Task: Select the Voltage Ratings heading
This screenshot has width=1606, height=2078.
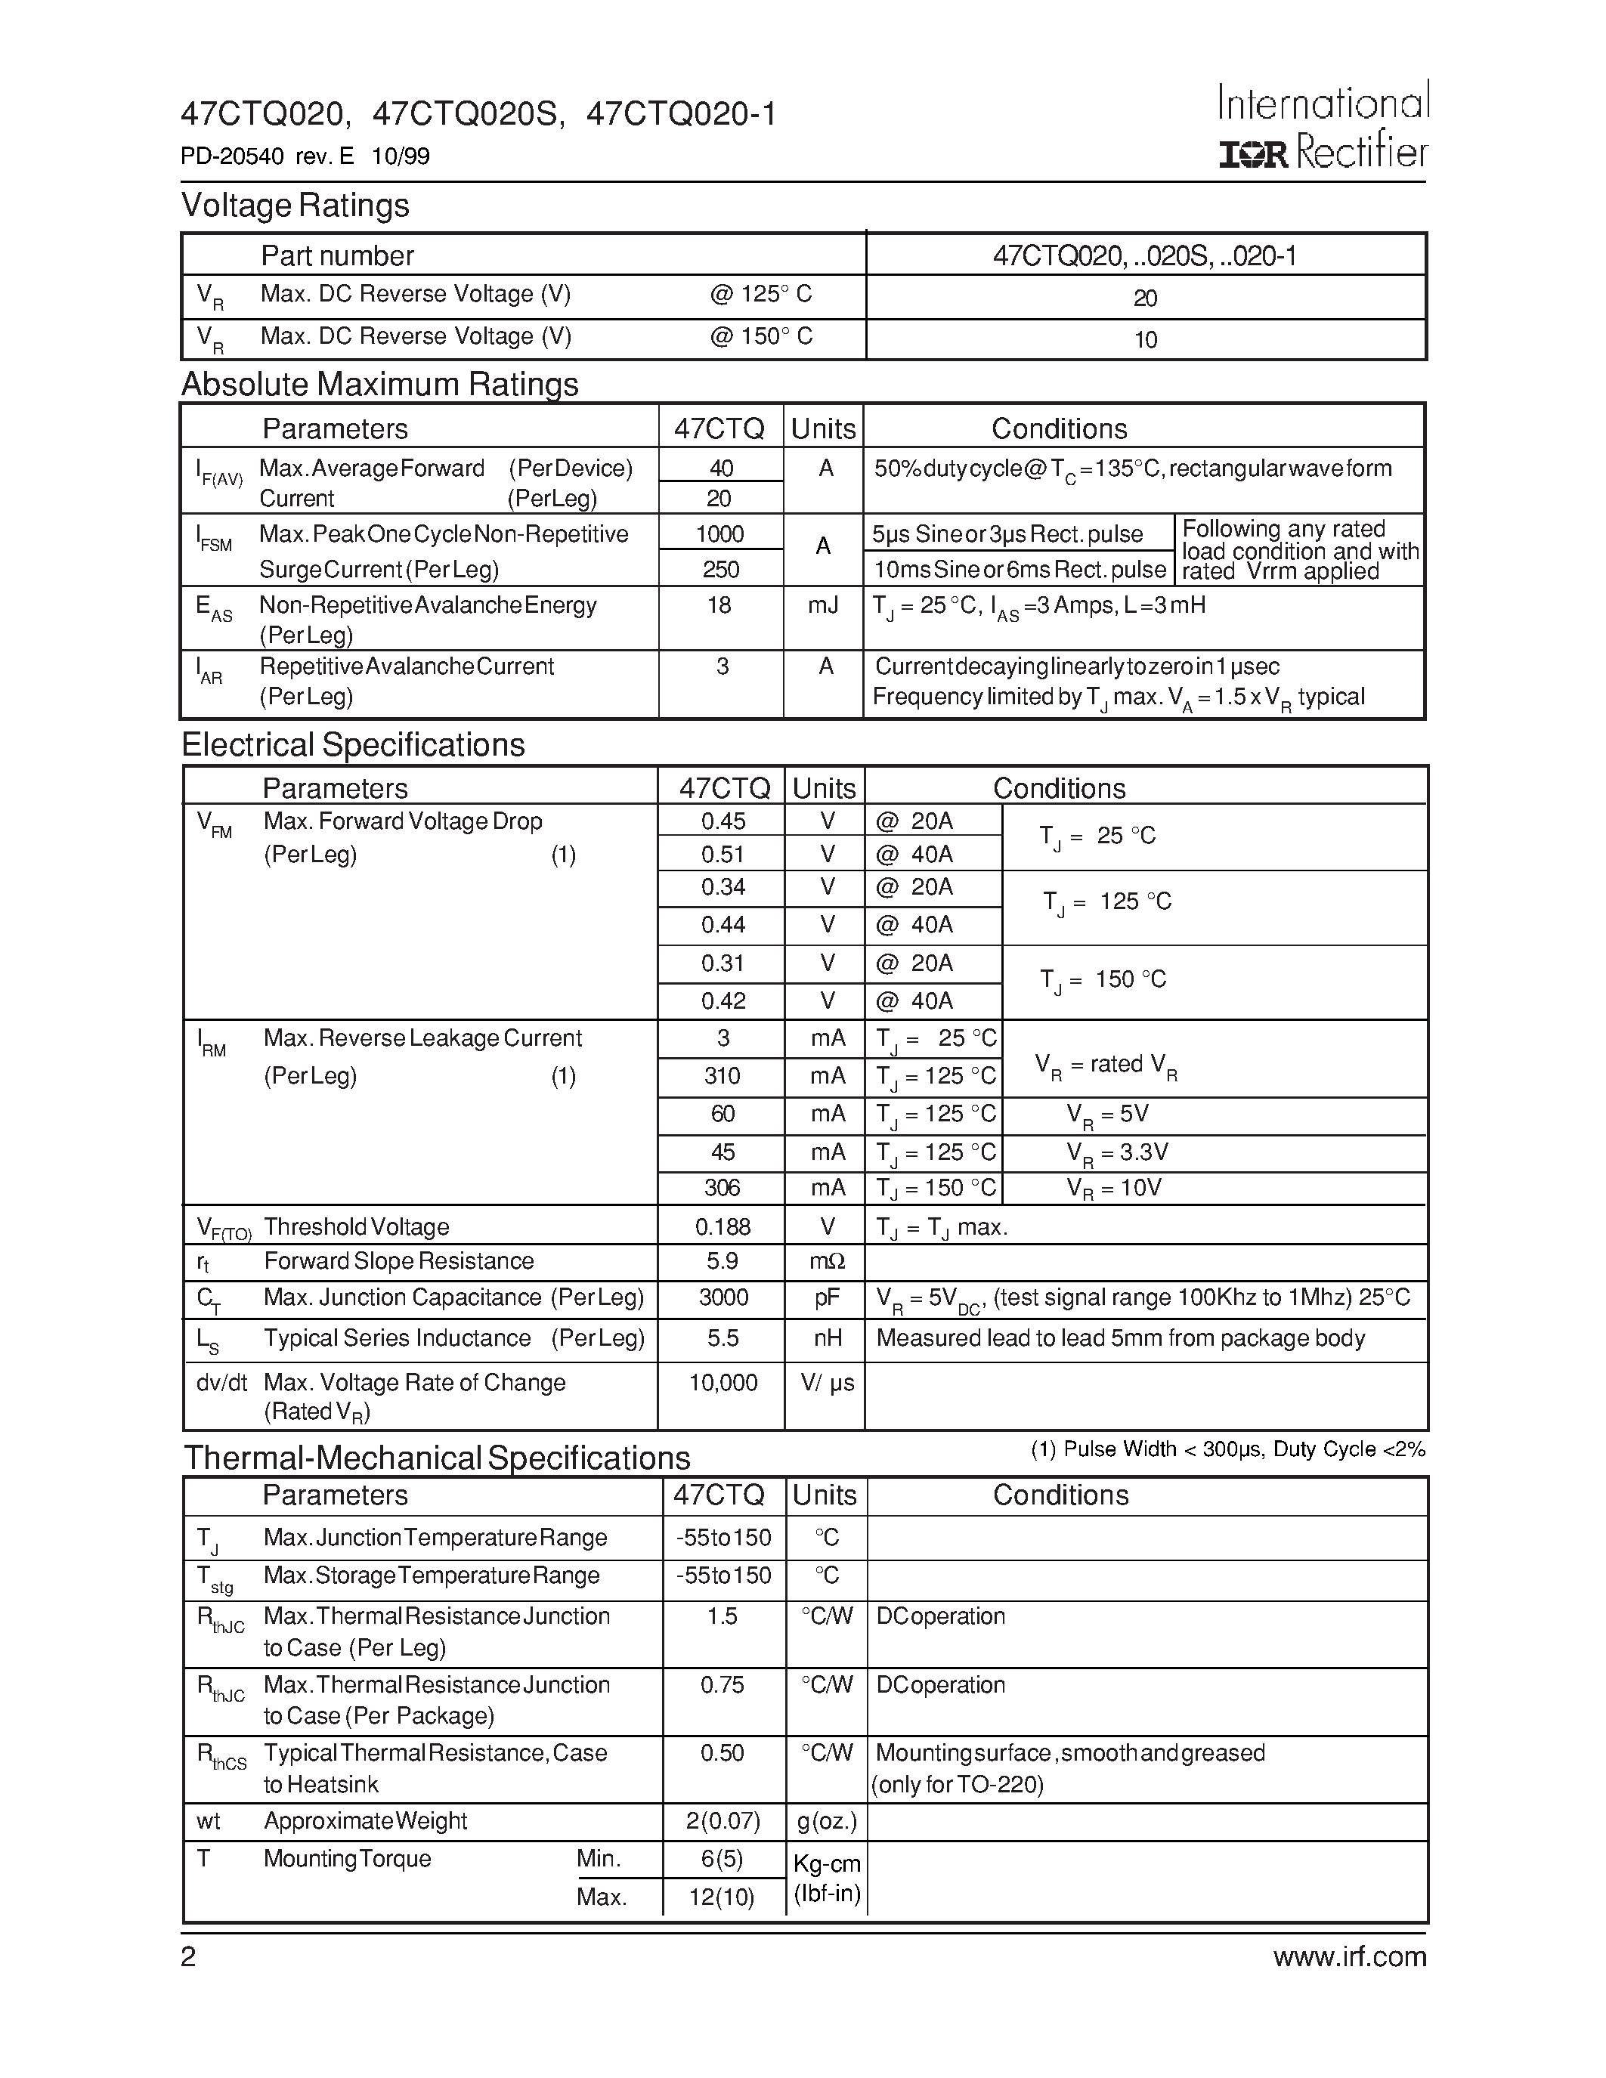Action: pos(295,206)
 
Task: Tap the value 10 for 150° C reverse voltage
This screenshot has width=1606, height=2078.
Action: pos(1146,340)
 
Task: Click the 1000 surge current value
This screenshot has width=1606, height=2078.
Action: pos(720,533)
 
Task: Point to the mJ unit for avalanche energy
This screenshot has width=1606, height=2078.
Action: pos(824,605)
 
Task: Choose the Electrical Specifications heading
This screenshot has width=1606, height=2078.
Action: pos(353,744)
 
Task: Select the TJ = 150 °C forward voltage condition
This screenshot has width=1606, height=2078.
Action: pos(1103,980)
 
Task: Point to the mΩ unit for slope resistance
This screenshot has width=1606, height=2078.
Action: pos(827,1262)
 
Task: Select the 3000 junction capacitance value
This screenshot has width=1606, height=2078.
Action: pos(723,1297)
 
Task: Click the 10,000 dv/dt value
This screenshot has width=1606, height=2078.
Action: pos(723,1383)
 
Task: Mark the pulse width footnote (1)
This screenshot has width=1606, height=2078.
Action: pos(1227,1449)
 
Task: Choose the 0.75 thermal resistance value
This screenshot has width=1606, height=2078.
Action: pos(722,1685)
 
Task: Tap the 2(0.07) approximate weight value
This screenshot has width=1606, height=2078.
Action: pos(722,1821)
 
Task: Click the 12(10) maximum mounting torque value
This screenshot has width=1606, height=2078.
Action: pos(721,1897)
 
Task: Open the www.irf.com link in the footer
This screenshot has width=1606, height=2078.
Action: pos(1350,1957)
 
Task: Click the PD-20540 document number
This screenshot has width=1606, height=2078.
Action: pos(233,156)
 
